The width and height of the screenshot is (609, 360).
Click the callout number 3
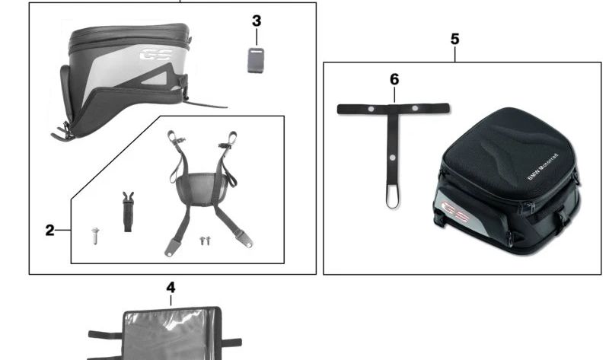click(x=257, y=21)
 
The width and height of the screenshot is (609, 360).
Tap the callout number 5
click(x=454, y=40)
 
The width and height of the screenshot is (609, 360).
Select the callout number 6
click(x=394, y=80)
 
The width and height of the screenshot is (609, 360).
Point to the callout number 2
click(x=49, y=231)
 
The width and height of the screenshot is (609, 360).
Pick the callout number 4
click(x=171, y=288)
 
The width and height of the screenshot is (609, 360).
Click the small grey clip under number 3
click(x=256, y=60)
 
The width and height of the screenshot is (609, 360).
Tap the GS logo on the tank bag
click(x=156, y=54)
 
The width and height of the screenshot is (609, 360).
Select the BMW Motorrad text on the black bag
click(x=543, y=167)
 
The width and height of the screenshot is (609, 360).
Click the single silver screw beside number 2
click(x=95, y=236)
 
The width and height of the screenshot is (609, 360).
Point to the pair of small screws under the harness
click(x=205, y=241)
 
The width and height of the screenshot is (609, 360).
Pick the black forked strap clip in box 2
click(x=128, y=212)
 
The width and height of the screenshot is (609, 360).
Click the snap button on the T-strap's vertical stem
click(x=392, y=158)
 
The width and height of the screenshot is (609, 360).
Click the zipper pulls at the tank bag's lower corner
click(x=63, y=133)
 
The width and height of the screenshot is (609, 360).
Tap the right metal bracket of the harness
click(x=244, y=239)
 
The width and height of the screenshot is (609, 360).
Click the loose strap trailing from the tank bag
click(x=206, y=104)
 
